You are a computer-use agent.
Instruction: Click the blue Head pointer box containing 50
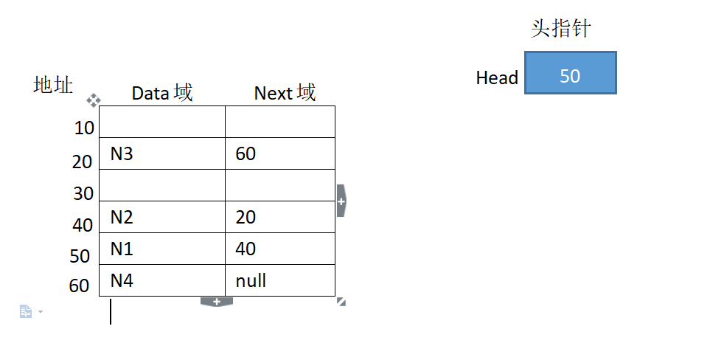coord(570,73)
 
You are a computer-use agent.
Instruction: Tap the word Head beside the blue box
coord(497,77)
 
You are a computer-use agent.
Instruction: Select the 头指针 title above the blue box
coord(561,29)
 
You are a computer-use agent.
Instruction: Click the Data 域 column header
coord(162,93)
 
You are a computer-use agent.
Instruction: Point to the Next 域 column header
coord(285,93)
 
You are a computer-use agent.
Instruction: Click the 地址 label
coord(53,85)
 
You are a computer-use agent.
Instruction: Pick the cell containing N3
coord(161,153)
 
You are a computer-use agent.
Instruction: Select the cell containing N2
coord(161,217)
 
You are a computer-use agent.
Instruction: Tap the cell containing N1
coord(161,249)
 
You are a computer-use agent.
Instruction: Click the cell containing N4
coord(161,280)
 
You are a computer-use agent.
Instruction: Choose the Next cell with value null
coord(279,280)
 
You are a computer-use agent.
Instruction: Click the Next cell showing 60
coord(279,153)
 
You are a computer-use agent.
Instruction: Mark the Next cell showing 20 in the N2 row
coord(279,217)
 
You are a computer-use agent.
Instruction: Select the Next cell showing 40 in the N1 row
coord(279,249)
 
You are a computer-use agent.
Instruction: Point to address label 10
coord(84,128)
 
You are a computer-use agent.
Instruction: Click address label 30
coord(83,193)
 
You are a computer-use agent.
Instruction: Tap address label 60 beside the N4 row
coord(79,286)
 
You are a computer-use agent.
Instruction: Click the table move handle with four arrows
coord(94,100)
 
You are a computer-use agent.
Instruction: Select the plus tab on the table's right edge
coord(341,201)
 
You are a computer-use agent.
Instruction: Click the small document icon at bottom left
coord(26,312)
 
